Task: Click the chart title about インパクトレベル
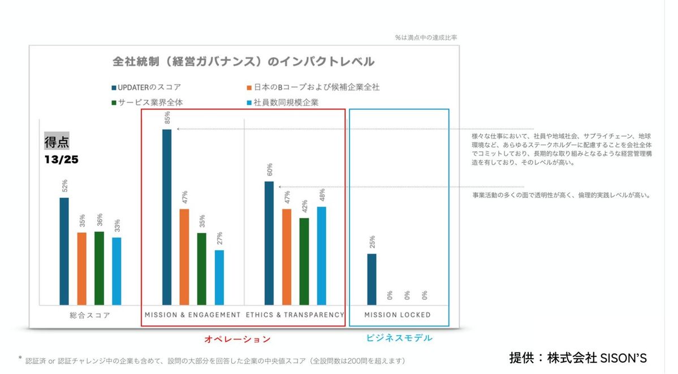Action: coord(244,61)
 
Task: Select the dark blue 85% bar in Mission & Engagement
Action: coord(167,217)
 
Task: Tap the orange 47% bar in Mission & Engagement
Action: coord(184,256)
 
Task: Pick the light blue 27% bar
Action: coord(219,277)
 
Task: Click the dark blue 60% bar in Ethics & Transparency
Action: coord(269,243)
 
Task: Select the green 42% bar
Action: coord(304,261)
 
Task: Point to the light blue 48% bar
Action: coord(322,255)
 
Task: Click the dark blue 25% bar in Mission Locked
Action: coord(372,279)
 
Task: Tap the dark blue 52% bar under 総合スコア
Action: coord(64,251)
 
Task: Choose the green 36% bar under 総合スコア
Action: coord(99,268)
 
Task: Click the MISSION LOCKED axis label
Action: coord(397,315)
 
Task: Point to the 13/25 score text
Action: coord(62,160)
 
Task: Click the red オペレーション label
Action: coord(237,340)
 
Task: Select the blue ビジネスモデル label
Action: coord(399,338)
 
